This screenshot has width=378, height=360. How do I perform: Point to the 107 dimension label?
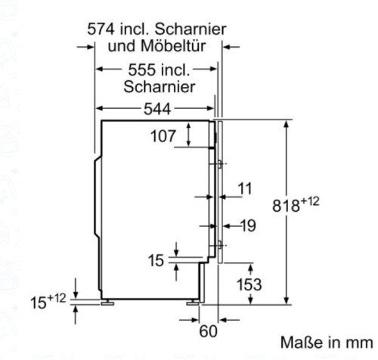coord(163,137)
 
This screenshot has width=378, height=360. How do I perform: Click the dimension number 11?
coord(244,188)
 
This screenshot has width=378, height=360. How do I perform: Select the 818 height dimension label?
coord(300,206)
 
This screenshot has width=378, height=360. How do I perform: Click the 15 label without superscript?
coord(156,261)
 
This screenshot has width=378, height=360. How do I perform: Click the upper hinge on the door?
coord(218,163)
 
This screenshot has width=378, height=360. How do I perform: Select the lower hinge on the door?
coord(218,244)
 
